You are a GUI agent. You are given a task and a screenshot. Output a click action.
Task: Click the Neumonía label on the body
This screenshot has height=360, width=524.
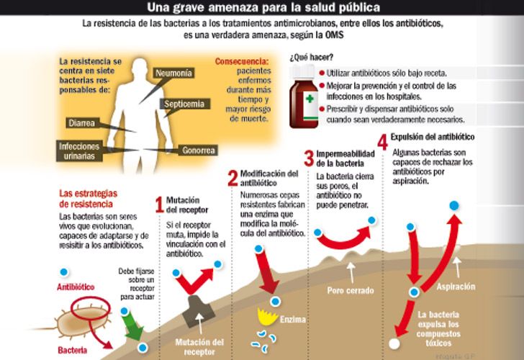pos(172,73)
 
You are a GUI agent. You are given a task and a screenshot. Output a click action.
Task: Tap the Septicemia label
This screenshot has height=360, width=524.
pos(184,104)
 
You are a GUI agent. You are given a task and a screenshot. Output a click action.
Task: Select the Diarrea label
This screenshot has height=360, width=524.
pos(82,123)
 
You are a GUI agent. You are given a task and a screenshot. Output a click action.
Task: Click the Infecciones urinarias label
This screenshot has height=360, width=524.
pos(79,150)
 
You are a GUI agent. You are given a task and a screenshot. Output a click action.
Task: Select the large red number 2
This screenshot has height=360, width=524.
pos(232,179)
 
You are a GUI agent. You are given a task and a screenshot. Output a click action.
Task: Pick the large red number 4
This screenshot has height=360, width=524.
pos(382,141)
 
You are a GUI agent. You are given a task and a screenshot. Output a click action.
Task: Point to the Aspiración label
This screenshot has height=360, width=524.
pos(456,287)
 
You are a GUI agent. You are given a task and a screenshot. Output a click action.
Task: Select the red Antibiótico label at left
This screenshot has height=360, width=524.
pos(76,287)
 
